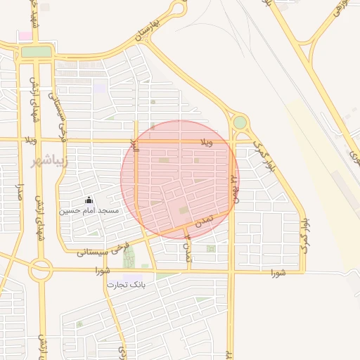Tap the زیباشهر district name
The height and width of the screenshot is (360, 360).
(47, 161)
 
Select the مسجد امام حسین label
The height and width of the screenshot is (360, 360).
(89, 210)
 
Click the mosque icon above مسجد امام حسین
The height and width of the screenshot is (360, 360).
(89, 199)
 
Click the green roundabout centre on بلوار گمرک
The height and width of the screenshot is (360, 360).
(240, 122)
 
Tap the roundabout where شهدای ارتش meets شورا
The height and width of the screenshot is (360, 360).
(40, 269)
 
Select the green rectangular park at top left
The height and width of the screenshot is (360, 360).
(36, 51)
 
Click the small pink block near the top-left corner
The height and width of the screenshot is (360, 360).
(25, 35)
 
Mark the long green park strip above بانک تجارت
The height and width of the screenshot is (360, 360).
(129, 257)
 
